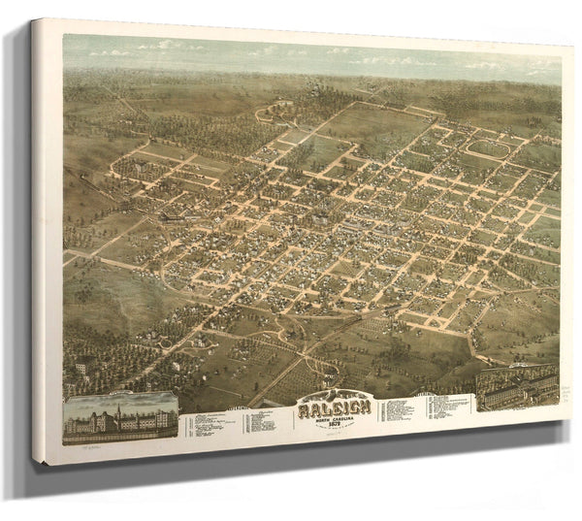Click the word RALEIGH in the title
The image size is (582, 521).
coord(335,409)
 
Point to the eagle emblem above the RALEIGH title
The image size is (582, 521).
coord(335,396)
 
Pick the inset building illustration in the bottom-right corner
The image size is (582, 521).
coord(516,386)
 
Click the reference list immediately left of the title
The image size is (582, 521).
coord(242,419)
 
